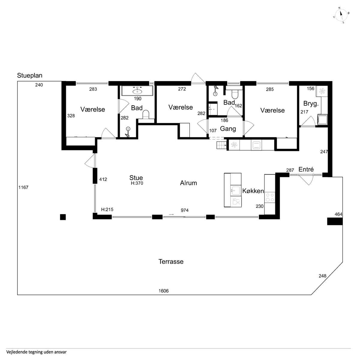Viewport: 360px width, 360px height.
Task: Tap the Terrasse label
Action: (171, 262)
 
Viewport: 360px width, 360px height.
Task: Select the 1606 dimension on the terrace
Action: (163, 291)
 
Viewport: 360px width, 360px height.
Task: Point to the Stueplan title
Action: (30, 76)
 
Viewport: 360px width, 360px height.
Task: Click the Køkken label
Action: (253, 191)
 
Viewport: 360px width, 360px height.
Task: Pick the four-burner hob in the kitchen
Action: (270, 197)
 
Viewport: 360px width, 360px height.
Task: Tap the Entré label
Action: (306, 169)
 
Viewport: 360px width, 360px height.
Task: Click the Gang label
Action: (228, 129)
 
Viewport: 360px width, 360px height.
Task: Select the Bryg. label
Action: (311, 103)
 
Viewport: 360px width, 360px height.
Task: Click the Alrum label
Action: (188, 183)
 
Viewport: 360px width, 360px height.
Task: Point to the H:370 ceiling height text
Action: (137, 183)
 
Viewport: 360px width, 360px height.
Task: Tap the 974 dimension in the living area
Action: (184, 210)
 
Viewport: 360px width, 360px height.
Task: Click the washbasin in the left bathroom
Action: (137, 91)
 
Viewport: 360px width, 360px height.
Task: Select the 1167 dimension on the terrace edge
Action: (23, 187)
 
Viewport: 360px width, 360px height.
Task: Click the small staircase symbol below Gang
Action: (221, 145)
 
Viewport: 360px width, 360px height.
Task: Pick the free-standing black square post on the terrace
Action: (63, 217)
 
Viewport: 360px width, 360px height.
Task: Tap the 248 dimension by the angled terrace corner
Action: (322, 276)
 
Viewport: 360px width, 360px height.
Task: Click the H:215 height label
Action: (107, 210)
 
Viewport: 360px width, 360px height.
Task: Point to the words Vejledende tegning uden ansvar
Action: (36, 352)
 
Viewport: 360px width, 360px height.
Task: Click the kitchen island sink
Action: (236, 190)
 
